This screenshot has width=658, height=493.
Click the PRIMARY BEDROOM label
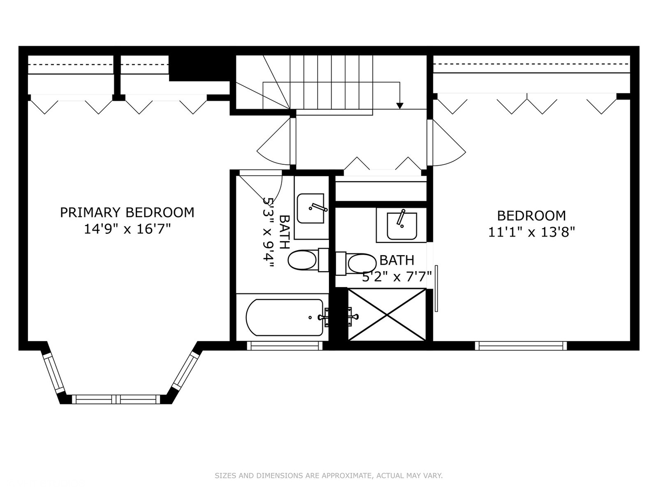click(127, 213)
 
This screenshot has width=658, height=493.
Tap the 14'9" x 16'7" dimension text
click(127, 229)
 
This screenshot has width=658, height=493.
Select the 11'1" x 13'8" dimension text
click(531, 232)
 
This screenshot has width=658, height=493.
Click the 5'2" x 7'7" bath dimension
click(397, 277)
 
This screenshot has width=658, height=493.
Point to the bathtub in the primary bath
click(284, 317)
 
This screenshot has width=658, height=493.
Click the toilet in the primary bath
click(303, 260)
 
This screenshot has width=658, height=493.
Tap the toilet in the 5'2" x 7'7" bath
click(361, 263)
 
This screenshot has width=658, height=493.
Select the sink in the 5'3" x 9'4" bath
click(311, 209)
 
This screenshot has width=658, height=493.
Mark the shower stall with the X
click(387, 315)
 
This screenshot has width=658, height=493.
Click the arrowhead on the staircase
click(400, 106)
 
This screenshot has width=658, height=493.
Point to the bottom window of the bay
click(117, 399)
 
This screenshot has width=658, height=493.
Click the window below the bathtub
click(285, 346)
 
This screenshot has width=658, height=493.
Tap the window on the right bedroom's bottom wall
click(521, 346)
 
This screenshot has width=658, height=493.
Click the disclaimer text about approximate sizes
click(329, 476)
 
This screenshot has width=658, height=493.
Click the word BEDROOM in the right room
click(531, 215)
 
